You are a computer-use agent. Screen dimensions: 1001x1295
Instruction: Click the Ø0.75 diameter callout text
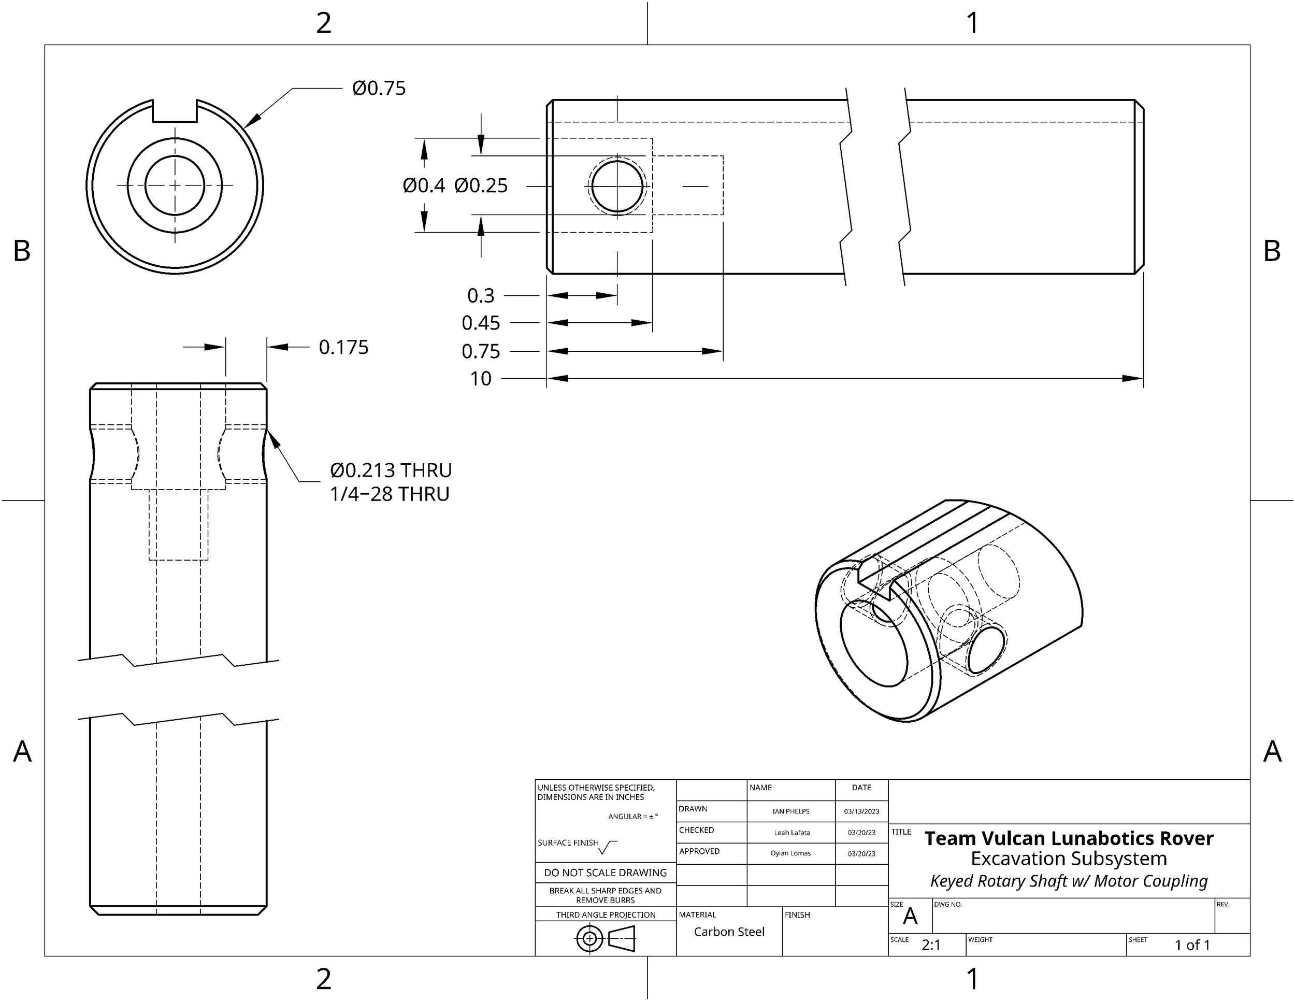pos(378,89)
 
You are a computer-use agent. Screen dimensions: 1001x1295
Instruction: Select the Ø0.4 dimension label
pos(423,185)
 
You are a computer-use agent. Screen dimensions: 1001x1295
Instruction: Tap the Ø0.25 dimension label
pos(481,185)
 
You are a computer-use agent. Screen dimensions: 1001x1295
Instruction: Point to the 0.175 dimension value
pos(343,348)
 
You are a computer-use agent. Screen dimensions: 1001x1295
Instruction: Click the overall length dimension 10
pos(481,378)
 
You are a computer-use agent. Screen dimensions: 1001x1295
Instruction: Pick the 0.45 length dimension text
pos(481,323)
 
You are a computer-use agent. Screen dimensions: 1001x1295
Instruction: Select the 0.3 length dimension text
pos(481,295)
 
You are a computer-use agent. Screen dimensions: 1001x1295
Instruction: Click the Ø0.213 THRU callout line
pos(391,470)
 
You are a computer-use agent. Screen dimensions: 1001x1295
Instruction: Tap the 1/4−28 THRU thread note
pos(390,494)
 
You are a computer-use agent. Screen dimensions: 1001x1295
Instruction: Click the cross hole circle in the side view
pos(617,186)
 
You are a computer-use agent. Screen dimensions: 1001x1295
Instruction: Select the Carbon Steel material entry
pos(729,932)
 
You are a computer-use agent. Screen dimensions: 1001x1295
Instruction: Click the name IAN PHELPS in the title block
pos(790,811)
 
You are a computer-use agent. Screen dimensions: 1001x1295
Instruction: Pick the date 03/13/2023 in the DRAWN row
pos(861,811)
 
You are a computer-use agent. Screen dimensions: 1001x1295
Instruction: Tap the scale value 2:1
pos(931,945)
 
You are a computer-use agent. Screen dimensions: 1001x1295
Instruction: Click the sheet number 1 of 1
pos(1192,945)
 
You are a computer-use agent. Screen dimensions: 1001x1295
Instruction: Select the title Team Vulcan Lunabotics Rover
pos(1069,838)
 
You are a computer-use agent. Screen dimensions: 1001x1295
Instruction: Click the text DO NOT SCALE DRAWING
pos(606,873)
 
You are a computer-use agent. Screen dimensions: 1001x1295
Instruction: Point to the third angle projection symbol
pos(606,939)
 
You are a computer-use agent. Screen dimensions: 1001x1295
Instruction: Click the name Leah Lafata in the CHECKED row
pos(791,833)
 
